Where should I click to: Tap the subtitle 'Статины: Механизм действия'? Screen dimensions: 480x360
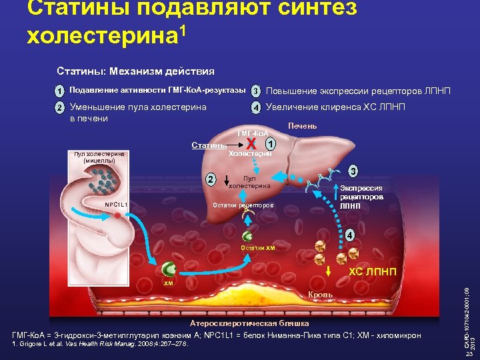tap(135, 71)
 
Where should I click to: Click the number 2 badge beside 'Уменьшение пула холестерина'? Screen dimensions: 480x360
tap(59, 107)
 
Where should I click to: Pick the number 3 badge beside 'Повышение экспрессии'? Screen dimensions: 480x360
tap(255, 91)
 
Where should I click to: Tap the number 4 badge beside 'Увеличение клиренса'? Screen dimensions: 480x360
tap(255, 107)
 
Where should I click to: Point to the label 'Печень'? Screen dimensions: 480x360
tap(302, 126)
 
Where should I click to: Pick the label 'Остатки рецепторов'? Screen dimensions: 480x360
tap(243, 205)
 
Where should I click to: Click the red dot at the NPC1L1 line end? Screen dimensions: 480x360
tap(116, 217)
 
